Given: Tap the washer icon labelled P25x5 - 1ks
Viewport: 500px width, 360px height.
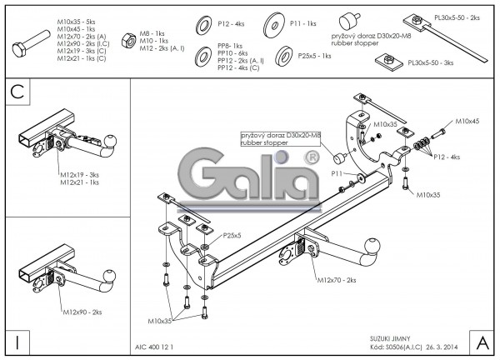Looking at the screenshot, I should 283,56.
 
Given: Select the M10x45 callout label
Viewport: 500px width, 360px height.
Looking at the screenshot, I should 467,122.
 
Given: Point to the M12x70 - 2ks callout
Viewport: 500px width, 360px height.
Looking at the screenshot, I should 337,281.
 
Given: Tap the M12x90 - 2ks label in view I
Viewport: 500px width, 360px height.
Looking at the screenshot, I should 82,312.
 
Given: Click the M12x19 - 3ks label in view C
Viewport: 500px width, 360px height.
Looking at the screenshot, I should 80,174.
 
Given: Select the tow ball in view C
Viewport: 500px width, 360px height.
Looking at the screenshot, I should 105,152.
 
